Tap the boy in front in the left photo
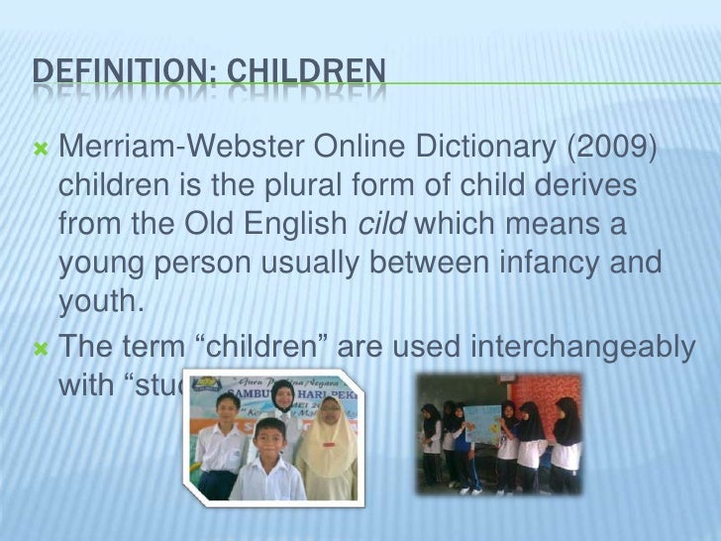(x=268, y=461)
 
